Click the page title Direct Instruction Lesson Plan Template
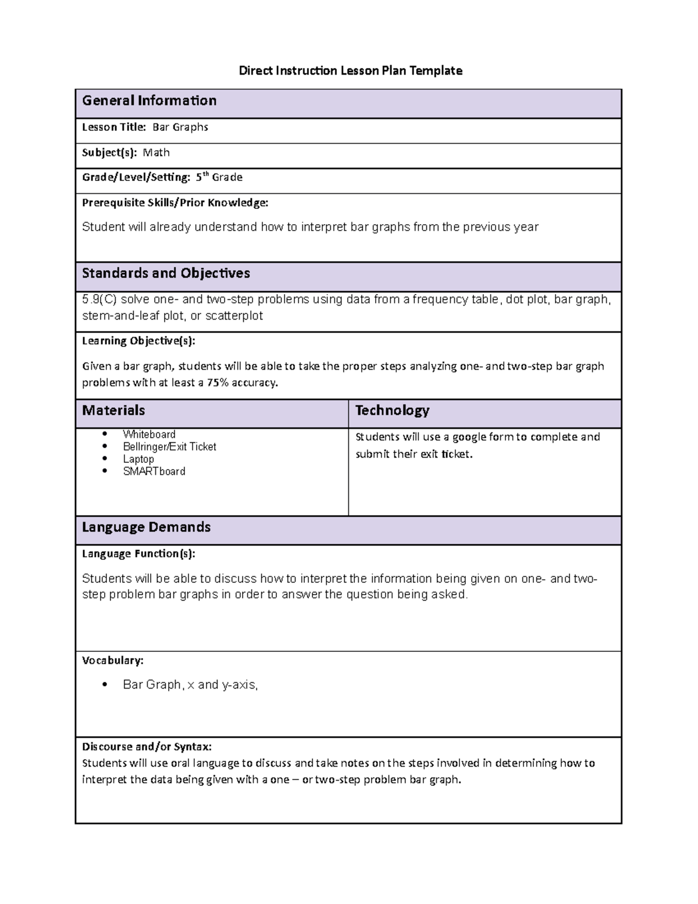coord(351,71)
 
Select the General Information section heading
coord(149,101)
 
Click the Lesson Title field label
coord(114,127)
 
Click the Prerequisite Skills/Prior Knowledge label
coord(175,203)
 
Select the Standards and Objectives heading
coord(166,273)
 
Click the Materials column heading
coord(113,410)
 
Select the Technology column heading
coord(392,410)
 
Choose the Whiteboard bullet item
coord(149,434)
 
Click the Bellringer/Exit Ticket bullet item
coord(169,446)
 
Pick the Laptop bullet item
coord(138,459)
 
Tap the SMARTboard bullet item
coord(154,472)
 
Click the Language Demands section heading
coord(146,527)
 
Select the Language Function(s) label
coord(138,554)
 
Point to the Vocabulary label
coord(112,660)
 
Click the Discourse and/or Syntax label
coord(147,746)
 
